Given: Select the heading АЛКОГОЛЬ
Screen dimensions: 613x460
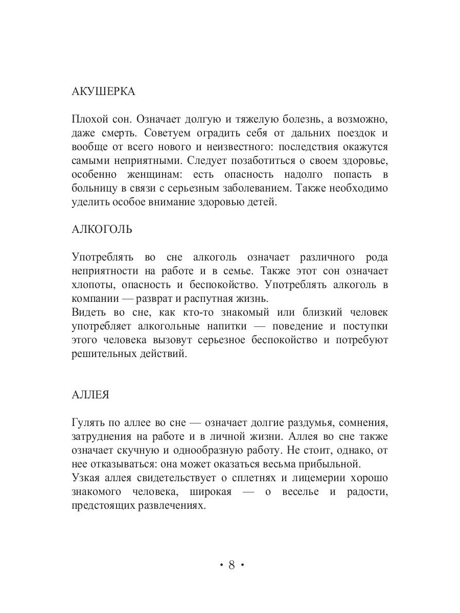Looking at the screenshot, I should tap(102, 229).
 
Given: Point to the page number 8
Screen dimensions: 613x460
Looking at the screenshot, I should tap(231, 565).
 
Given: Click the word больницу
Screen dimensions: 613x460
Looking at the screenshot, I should tap(93, 188).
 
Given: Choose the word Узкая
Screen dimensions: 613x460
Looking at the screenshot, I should tap(85, 478).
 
